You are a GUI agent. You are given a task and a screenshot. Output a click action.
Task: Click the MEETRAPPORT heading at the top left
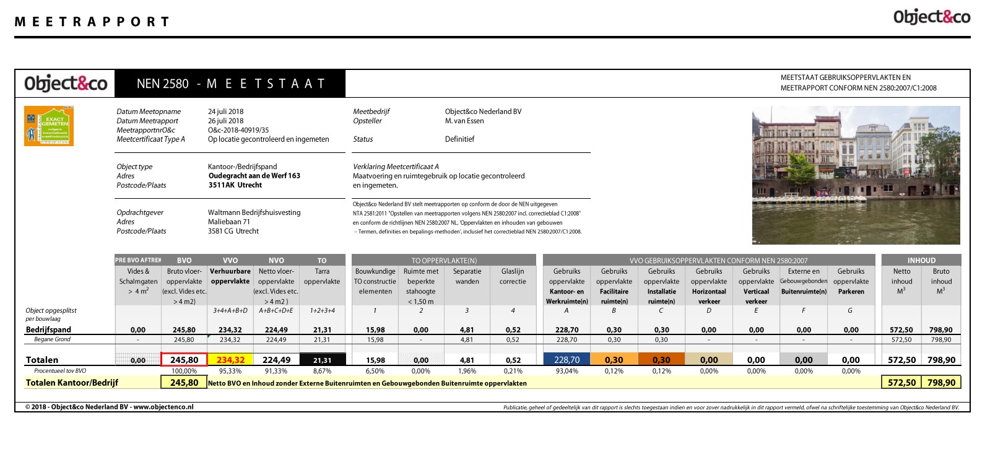pos(92,22)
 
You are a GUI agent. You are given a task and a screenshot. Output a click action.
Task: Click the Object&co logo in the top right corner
pos(931,17)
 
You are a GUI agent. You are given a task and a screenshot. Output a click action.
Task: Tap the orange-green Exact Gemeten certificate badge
pos(49,126)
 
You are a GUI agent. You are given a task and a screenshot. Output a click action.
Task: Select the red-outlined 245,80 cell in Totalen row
pos(184,360)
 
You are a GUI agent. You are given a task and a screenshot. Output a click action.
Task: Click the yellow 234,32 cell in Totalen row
pos(230,360)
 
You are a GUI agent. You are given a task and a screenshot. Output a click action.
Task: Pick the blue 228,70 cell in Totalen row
pos(567,360)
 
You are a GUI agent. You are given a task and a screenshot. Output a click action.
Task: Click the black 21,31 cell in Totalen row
pos(322,360)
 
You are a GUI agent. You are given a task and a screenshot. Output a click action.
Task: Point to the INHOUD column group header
pos(921,260)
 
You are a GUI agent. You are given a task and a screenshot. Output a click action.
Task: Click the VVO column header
pos(230,260)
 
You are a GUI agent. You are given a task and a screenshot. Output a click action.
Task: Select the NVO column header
pos(276,260)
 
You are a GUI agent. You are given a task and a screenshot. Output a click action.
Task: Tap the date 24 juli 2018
pos(225,111)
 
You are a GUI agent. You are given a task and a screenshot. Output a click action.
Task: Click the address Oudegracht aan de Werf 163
pos(254,176)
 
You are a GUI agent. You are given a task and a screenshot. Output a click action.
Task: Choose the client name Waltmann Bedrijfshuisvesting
pos(254,212)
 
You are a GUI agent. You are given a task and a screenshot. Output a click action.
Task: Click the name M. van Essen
pos(464,121)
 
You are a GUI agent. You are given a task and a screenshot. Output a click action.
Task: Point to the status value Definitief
pos(459,139)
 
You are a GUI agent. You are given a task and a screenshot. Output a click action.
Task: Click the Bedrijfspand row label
pos(48,329)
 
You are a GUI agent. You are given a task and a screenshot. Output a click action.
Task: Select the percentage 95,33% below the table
pos(230,371)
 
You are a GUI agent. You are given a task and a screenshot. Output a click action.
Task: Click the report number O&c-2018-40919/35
pos(238,130)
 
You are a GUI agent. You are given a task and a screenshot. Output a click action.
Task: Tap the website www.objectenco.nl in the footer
pos(163,407)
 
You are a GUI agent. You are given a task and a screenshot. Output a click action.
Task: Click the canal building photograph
pos(856,175)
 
